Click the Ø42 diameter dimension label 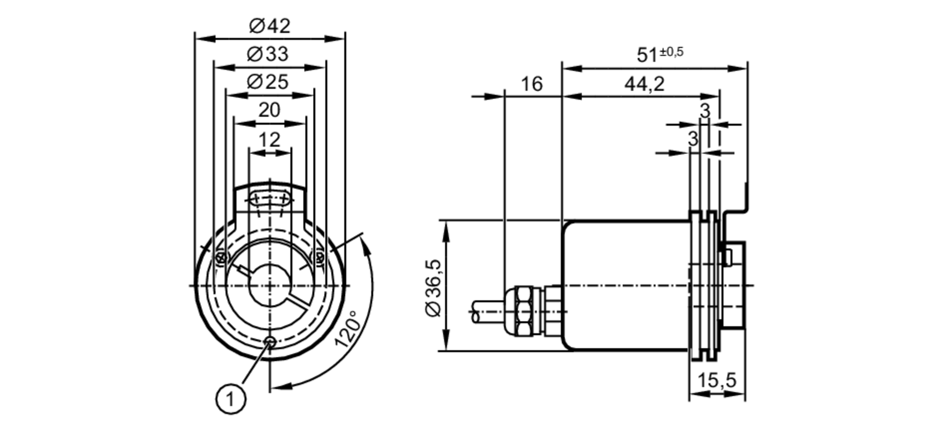270,26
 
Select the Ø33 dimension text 268,54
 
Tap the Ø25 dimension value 268,82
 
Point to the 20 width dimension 270,110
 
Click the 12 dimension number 270,140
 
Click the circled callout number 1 231,400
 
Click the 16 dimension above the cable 532,84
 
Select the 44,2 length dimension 644,84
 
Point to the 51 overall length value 647,55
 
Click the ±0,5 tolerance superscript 672,51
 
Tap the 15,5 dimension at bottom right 717,380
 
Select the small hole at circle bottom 270,341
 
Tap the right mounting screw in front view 320,258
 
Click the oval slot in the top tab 270,199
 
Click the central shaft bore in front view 270,285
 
